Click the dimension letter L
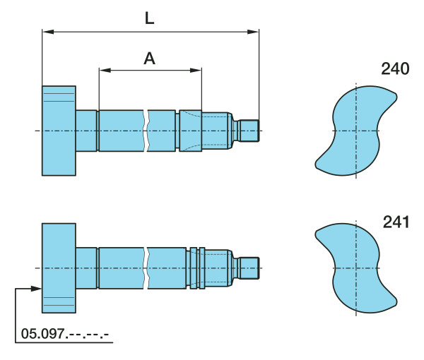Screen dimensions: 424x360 tap(150, 18)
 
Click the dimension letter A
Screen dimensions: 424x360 tap(150, 59)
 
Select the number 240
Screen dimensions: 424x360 tap(395, 69)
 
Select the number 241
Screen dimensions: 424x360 tap(396, 222)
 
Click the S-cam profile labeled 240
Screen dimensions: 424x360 tap(356, 131)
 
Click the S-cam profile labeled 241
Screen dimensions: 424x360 tap(356, 268)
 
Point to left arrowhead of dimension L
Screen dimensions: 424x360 tap(48, 32)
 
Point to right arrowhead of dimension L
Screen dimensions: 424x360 tap(253, 32)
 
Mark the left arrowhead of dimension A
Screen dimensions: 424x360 tap(105, 71)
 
